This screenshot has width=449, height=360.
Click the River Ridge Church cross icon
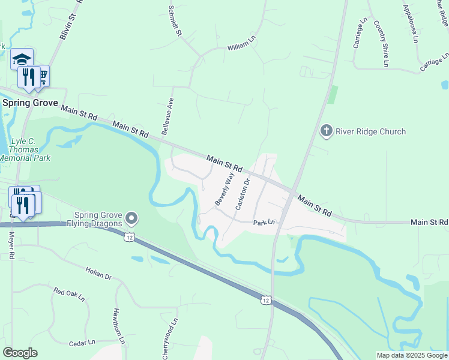point(326,131)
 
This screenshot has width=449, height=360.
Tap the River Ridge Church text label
point(370,131)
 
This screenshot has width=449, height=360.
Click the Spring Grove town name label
point(30,103)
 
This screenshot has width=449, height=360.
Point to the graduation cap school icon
point(22,59)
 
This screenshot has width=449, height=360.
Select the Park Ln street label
point(264,223)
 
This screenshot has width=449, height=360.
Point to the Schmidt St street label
point(175,20)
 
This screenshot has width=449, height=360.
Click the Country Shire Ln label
point(382,43)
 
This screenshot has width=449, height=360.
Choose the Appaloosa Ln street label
point(411,24)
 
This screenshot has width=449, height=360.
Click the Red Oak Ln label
point(69,294)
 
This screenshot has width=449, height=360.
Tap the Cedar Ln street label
point(82,343)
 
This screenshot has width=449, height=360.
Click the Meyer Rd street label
point(11,245)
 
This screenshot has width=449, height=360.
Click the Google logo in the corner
point(20,352)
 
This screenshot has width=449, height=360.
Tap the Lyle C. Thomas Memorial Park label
point(26,149)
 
